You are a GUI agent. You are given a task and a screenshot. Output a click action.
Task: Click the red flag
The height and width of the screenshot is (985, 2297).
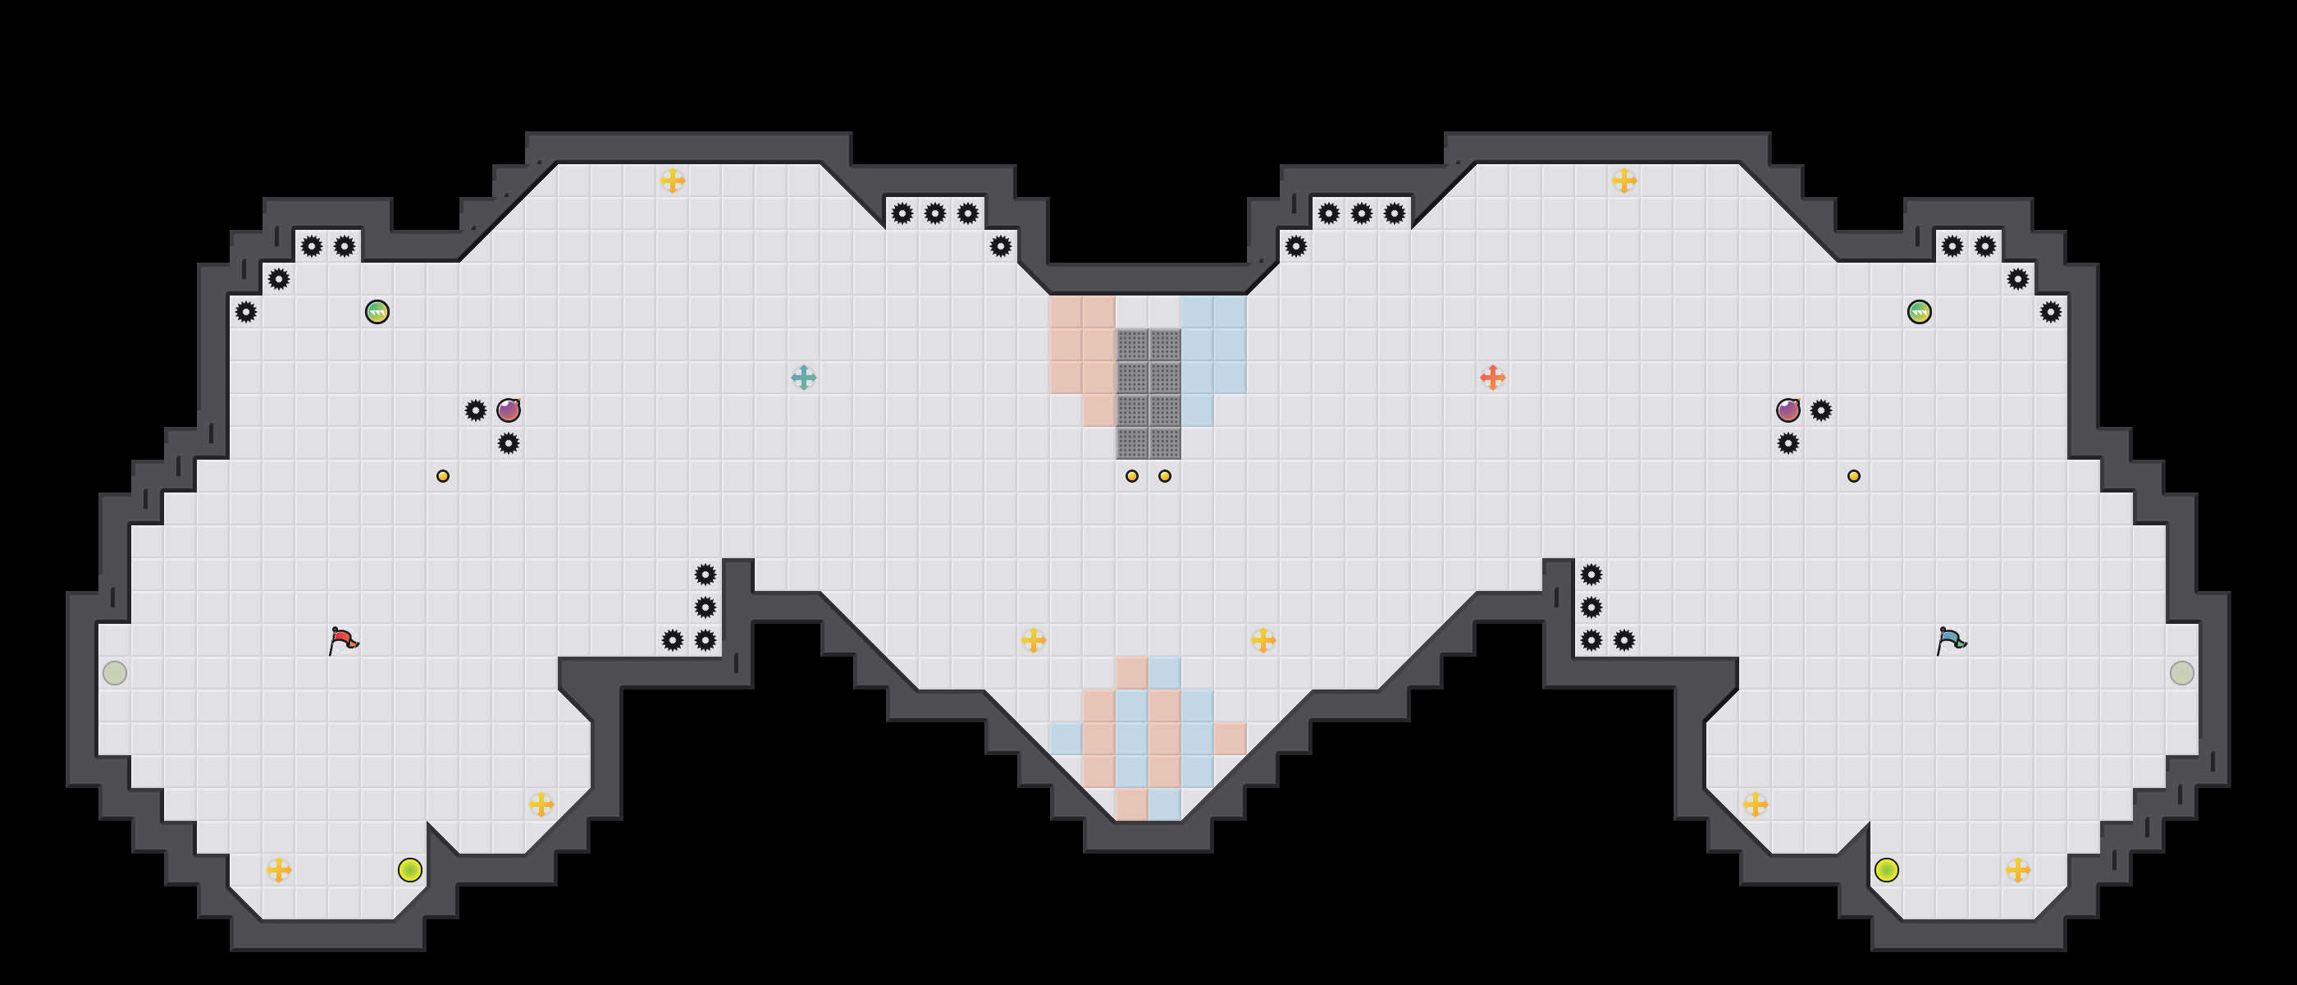click(343, 639)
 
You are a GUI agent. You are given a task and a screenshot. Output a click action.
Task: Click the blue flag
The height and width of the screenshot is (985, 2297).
click(1951, 639)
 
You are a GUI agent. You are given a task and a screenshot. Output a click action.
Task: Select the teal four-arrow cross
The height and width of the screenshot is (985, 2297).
click(803, 378)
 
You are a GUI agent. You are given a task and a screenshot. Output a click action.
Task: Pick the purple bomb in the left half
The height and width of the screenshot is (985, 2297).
click(509, 410)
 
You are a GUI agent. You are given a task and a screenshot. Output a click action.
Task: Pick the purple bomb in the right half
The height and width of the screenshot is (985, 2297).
click(1788, 410)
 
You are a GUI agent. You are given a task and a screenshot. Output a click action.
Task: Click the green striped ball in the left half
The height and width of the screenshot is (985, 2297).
click(377, 312)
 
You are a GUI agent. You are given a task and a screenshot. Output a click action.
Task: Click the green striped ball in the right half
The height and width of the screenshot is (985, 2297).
click(1919, 312)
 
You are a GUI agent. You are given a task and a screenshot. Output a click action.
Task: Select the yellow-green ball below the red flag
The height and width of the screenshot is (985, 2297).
click(410, 870)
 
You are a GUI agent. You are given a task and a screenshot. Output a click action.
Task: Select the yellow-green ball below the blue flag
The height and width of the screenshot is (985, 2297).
click(1886, 870)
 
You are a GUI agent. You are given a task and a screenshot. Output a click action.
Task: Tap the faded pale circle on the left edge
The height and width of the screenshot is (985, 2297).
click(115, 673)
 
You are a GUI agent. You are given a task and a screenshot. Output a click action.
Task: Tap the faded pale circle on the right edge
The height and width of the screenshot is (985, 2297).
click(2181, 673)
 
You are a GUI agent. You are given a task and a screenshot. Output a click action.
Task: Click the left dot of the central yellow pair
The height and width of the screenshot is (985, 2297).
click(1131, 476)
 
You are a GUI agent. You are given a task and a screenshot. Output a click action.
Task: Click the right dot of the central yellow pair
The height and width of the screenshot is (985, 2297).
click(1165, 476)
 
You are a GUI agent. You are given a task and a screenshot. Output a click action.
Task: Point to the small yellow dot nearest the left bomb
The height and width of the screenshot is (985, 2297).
click(443, 476)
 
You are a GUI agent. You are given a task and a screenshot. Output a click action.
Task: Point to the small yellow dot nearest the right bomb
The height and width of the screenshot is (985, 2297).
click(1854, 476)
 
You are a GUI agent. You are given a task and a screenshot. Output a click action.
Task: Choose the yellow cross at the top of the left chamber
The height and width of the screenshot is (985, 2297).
click(673, 181)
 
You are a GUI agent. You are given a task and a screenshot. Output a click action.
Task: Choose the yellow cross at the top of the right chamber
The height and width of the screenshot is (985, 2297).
click(1623, 181)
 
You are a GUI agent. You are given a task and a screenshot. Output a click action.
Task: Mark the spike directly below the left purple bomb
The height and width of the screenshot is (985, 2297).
click(509, 443)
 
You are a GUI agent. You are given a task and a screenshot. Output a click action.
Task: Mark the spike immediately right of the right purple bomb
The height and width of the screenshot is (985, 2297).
click(1821, 410)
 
